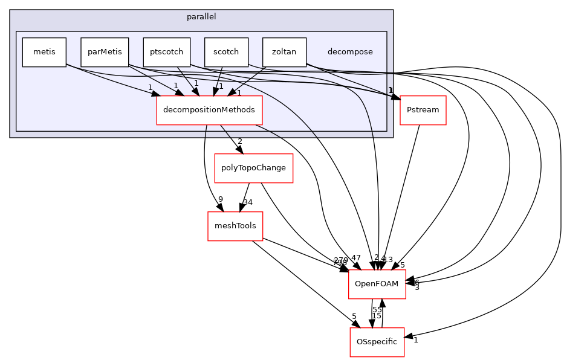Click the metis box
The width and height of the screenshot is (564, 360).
click(x=44, y=52)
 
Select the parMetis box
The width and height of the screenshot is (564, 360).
click(x=105, y=52)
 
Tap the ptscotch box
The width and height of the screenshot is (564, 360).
click(x=167, y=52)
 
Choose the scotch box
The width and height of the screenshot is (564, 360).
click(x=226, y=52)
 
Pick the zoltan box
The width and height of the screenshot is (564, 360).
click(x=284, y=52)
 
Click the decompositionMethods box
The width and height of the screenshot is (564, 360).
click(x=210, y=110)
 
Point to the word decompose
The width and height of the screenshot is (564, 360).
click(x=350, y=52)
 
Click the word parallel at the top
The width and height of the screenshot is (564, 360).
click(x=201, y=17)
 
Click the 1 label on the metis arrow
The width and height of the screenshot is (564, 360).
click(x=150, y=88)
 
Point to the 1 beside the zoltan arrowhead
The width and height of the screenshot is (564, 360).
click(x=239, y=93)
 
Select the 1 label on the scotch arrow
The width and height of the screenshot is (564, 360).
click(x=221, y=87)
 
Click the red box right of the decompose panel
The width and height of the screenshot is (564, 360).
click(x=423, y=111)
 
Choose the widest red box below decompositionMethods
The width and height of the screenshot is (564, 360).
click(x=254, y=169)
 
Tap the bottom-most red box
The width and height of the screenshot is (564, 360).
click(x=377, y=342)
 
